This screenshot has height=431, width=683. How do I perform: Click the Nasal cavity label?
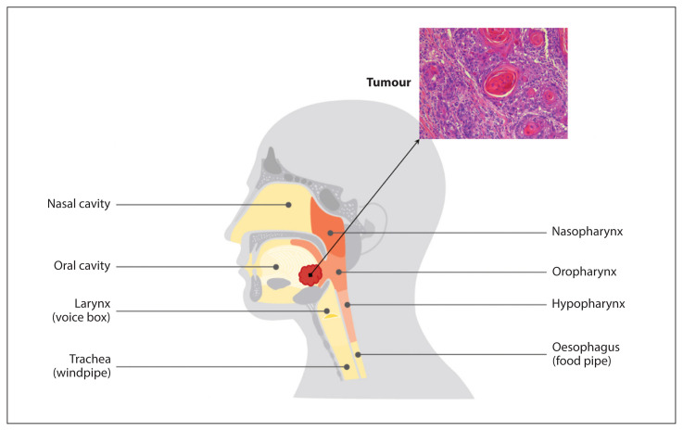pos(79,204)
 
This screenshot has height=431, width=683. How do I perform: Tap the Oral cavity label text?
pos(82,266)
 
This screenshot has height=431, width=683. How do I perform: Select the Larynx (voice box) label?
pos(82,311)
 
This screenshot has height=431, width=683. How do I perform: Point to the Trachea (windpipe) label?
pos(82,365)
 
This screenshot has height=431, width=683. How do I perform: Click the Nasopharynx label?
pos(588,232)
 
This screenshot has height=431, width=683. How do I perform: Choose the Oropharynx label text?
pos(584,272)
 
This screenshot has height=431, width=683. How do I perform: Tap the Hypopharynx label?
pos(588,304)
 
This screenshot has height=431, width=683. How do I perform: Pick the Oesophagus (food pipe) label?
pos(586,354)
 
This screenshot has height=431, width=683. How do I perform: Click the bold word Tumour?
pos(388,82)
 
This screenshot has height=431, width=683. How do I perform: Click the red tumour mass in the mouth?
pos(310,275)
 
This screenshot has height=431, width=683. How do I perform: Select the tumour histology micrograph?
pos(494,83)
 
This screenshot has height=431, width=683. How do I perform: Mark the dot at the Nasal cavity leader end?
pos(288,205)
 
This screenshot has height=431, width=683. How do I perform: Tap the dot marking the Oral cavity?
pos(276,267)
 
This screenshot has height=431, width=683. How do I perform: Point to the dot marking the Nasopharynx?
pos(330,233)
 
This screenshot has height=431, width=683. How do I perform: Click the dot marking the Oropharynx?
pos(338,272)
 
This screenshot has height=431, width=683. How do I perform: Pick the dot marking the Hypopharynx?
pos(348,305)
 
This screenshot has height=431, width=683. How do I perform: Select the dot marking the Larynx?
pos(326,311)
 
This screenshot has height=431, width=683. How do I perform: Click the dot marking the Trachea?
pos(347,367)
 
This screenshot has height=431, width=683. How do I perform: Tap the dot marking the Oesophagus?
pos(358,355)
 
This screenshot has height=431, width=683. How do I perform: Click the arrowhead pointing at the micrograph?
pos(417,141)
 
